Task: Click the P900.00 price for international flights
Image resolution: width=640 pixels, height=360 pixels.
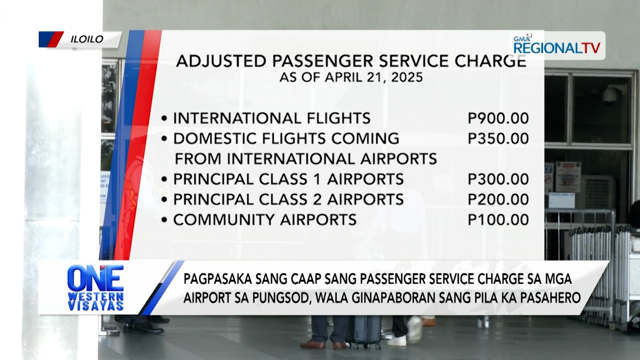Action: click(498, 119)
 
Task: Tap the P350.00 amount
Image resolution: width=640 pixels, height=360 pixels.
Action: click(498, 139)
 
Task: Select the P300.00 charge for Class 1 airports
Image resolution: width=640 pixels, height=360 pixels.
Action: click(498, 179)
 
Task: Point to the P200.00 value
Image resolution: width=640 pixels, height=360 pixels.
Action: click(498, 199)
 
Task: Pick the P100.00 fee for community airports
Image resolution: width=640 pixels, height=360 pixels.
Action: click(498, 220)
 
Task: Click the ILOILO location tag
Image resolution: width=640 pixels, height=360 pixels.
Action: click(87, 39)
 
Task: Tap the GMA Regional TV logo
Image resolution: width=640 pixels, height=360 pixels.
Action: click(557, 46)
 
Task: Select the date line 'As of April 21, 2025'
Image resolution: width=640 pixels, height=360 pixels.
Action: click(351, 77)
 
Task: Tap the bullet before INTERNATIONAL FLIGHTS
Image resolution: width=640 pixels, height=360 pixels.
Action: click(164, 119)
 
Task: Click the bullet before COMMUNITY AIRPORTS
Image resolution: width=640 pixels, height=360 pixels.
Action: click(164, 220)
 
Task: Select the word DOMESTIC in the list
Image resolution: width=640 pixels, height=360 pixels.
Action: click(214, 139)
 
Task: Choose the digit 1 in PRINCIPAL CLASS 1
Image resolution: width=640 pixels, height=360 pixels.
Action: click(317, 179)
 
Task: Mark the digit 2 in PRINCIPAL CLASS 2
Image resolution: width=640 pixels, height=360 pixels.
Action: click(317, 199)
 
